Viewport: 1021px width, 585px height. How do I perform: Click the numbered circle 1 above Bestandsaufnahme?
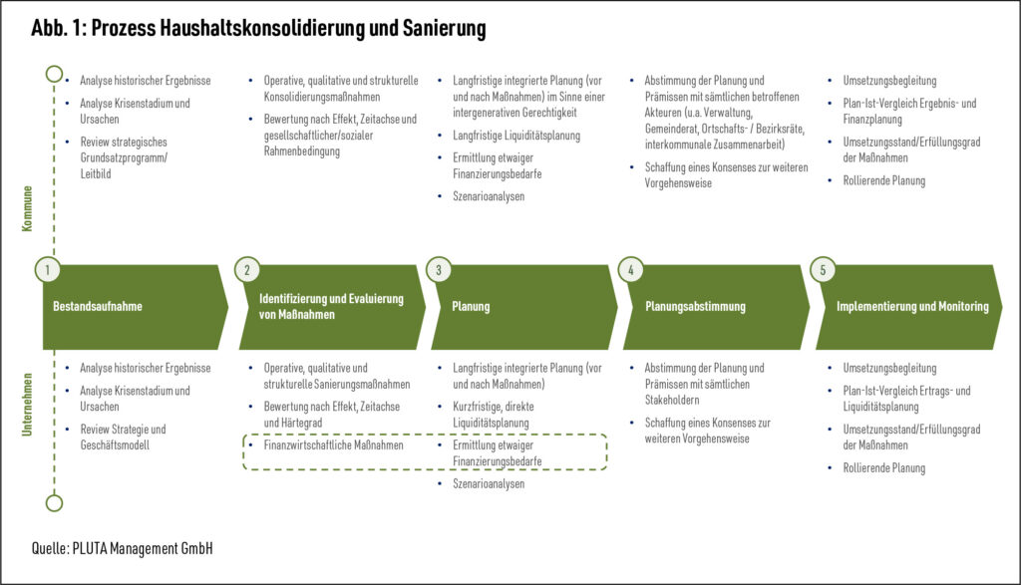point(47,270)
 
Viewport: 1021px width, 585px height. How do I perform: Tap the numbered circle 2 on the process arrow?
point(247,270)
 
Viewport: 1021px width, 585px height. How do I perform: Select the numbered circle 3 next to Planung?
point(440,270)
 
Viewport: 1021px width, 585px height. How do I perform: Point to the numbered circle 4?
point(631,270)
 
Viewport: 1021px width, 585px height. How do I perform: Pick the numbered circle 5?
point(824,270)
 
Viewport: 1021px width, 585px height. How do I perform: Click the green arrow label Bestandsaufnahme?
point(98,307)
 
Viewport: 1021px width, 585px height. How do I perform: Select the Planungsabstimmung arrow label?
point(695,307)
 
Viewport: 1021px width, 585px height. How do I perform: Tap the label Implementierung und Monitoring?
point(912,307)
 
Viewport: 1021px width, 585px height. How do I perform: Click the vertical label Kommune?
point(27,208)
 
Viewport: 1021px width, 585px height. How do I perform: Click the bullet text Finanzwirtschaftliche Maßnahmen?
point(334,445)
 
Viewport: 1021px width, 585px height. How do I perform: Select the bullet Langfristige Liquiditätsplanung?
point(515,136)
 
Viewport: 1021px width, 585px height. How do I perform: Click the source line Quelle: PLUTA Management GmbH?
point(122,549)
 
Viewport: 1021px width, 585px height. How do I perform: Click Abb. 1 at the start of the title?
point(59,29)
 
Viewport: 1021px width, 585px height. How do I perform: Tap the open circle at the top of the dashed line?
point(54,74)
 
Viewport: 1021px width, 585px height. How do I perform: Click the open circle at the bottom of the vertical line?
point(54,503)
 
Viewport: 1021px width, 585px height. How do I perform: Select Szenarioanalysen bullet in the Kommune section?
point(488,196)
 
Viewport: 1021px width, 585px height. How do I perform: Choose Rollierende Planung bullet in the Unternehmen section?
point(883,467)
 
